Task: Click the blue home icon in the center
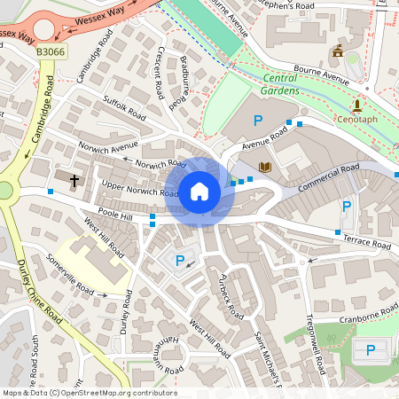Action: [x=199, y=191]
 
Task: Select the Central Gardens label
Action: [x=292, y=83]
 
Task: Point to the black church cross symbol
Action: [x=74, y=181]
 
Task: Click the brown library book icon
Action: [x=264, y=166]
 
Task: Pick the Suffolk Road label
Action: [x=124, y=107]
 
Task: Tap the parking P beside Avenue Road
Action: [x=259, y=121]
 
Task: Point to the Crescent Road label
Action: [x=160, y=74]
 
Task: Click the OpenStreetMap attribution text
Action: [x=89, y=393]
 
